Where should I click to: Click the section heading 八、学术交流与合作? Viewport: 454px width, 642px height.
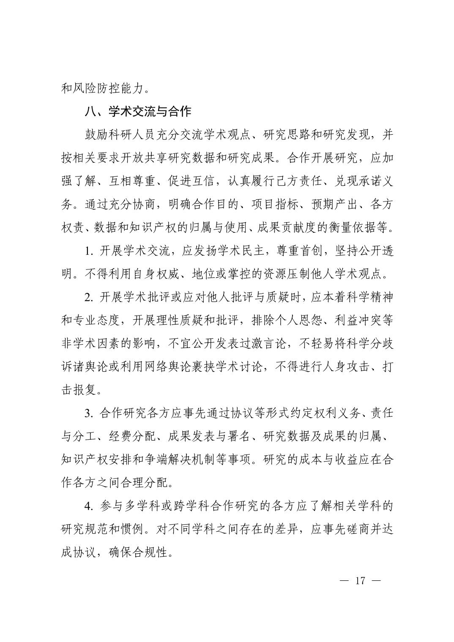[138, 112]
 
